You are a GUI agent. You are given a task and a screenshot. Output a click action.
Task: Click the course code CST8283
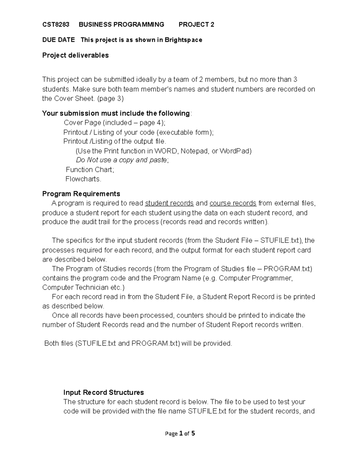pos(55,25)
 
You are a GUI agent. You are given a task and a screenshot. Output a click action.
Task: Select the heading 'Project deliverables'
pos(75,56)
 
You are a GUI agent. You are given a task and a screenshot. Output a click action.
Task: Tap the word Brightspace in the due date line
pos(183,40)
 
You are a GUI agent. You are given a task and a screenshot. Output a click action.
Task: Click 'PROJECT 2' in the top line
pos(196,25)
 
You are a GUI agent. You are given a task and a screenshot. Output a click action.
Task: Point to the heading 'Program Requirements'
pos(81,194)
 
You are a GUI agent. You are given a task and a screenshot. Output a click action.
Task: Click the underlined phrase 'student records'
pos(169,203)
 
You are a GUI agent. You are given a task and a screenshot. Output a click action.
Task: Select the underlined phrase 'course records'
pos(233,203)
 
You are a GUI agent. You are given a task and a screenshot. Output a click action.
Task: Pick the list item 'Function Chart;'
pos(90,170)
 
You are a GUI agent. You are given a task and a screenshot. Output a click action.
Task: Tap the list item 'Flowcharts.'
pos(83,179)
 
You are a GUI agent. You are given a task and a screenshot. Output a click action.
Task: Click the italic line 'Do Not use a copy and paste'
pos(122,160)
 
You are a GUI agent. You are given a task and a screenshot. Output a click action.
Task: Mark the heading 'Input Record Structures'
pos(103,393)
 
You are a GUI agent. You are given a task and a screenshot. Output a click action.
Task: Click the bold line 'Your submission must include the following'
pos(116,113)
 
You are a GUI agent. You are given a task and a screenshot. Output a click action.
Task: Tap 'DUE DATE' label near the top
pos(58,40)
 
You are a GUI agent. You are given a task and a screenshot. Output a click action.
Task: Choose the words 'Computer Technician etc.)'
pos(83,287)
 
